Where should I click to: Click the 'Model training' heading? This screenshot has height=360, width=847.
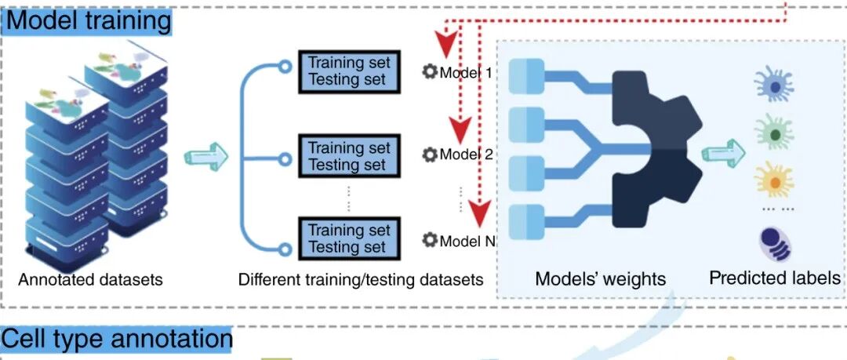click(x=89, y=20)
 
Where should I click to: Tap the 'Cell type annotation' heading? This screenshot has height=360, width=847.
click(x=117, y=339)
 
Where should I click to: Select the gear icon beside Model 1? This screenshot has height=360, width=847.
click(x=429, y=72)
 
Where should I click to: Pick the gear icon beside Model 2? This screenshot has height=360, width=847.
click(x=429, y=155)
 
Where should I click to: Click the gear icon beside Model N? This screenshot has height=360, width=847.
click(x=429, y=240)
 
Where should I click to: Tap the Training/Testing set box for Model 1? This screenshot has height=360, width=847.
click(x=348, y=71)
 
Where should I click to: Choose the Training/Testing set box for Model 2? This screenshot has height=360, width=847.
click(x=348, y=156)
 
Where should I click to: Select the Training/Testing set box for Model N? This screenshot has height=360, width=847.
click(x=348, y=238)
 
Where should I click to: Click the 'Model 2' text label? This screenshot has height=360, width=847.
click(x=466, y=155)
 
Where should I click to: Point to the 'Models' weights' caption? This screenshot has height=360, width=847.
click(x=600, y=278)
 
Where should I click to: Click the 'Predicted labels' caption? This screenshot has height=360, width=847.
click(x=775, y=278)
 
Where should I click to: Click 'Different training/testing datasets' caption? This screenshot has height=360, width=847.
click(x=361, y=279)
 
